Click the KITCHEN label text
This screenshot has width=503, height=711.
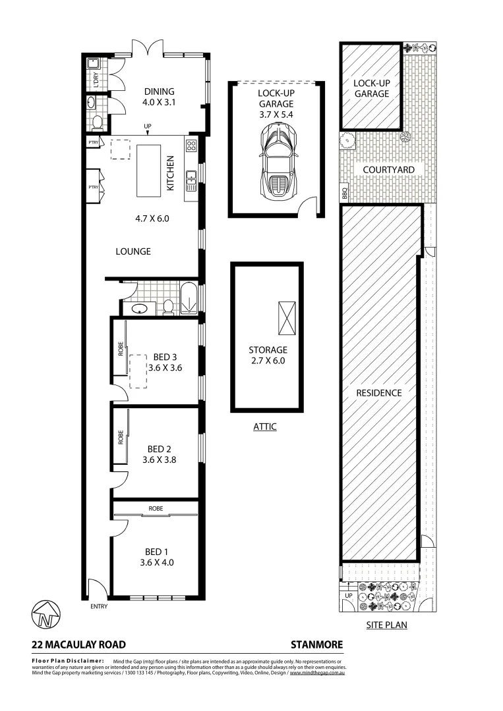point(170,173)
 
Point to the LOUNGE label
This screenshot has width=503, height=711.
point(133,251)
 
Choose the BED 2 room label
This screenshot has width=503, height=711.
point(160,450)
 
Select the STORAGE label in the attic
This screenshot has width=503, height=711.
point(268,350)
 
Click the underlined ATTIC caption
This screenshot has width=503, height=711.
point(264,427)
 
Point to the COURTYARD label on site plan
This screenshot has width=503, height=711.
point(389,169)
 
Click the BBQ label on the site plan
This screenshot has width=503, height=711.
point(344,194)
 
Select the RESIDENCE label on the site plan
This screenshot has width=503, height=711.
point(379,392)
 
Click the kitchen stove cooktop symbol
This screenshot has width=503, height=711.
point(192,146)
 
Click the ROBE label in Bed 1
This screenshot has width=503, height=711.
point(156,508)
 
